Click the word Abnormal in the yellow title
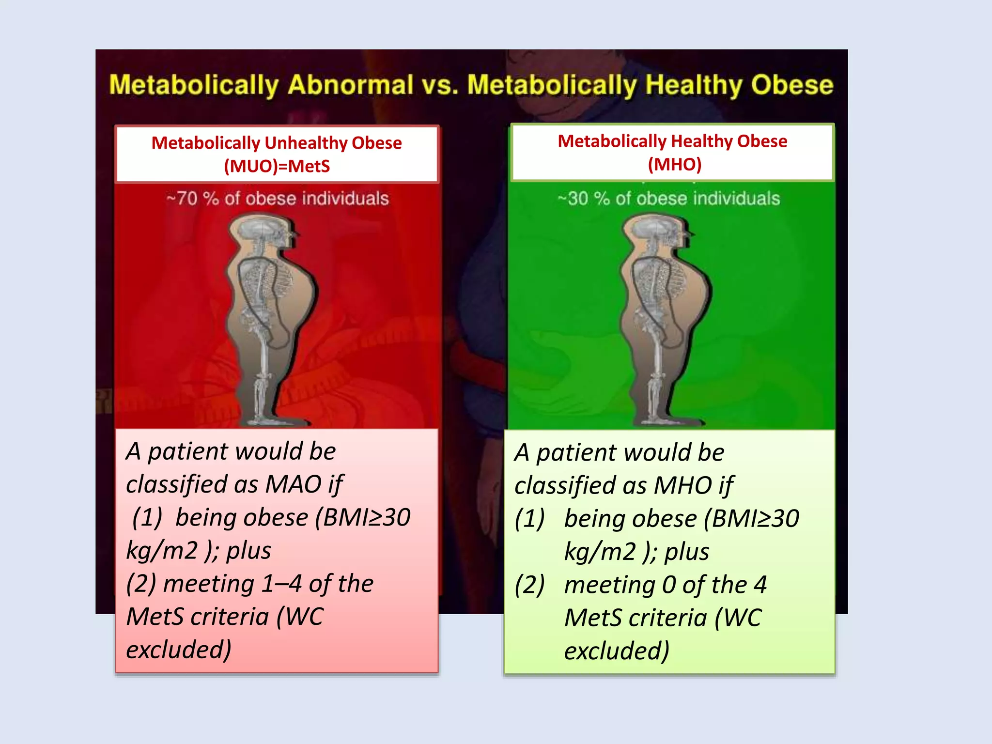click(x=350, y=85)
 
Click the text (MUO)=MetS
click(x=277, y=166)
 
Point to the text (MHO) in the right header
click(x=674, y=164)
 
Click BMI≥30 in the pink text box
click(x=367, y=517)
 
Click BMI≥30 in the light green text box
click(x=756, y=519)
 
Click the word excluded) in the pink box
click(x=179, y=650)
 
